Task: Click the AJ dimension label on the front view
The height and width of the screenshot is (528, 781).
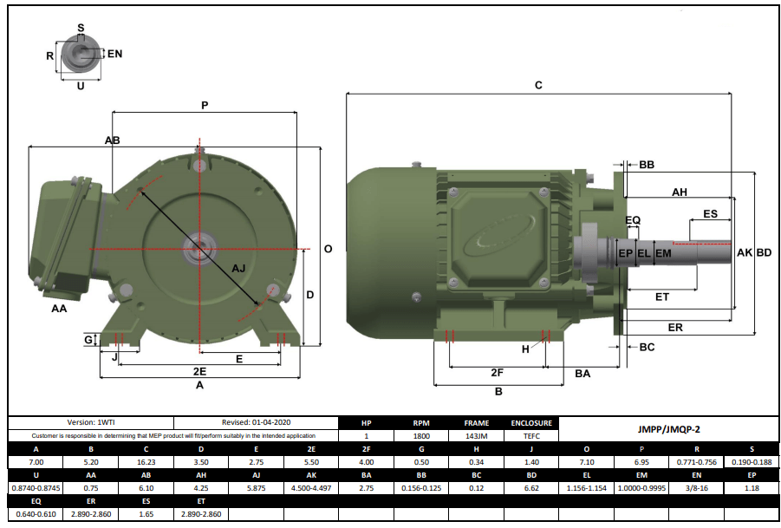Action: [x=239, y=270]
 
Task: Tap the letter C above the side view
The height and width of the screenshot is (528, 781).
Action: [x=538, y=85]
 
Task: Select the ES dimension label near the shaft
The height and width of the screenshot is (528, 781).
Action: [x=710, y=213]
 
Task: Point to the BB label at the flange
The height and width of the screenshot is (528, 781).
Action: [x=647, y=164]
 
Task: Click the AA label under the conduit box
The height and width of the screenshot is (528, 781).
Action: [x=59, y=308]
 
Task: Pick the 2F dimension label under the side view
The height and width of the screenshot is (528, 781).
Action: [x=497, y=372]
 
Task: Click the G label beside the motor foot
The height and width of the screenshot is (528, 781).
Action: [x=88, y=340]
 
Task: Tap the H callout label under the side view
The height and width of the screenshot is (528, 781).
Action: [x=524, y=349]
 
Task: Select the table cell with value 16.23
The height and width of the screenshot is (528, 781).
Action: [x=146, y=461]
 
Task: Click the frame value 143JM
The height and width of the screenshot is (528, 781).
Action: [x=475, y=436]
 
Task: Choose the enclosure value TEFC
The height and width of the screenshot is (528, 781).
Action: [x=530, y=436]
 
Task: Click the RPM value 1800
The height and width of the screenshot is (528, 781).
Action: [x=420, y=436]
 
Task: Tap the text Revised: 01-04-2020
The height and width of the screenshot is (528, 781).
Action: [x=257, y=423]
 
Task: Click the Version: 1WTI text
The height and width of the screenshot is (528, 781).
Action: [x=91, y=423]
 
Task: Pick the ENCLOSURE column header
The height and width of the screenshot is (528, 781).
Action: [x=530, y=423]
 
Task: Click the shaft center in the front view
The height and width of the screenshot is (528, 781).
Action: [x=200, y=249]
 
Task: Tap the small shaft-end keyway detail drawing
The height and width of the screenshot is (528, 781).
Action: [x=80, y=55]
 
